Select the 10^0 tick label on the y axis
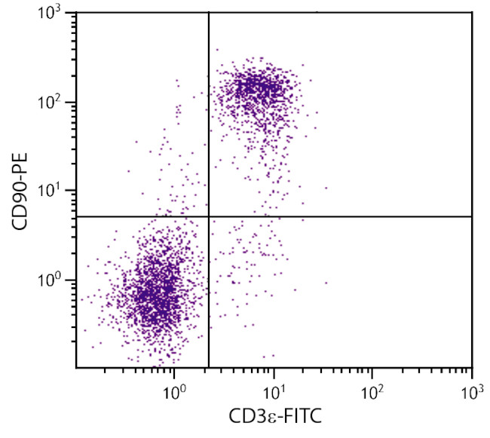pyautogui.click(x=54, y=280)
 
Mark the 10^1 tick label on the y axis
pyautogui.click(x=54, y=191)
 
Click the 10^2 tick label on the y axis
pyautogui.click(x=54, y=103)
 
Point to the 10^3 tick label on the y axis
pyautogui.click(x=54, y=15)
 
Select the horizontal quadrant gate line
pyautogui.click(x=339, y=216)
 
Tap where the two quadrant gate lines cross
pyautogui.click(x=208, y=216)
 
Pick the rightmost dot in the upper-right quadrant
pyautogui.click(x=326, y=188)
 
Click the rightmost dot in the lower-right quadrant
pyautogui.click(x=326, y=283)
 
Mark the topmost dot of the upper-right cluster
pyautogui.click(x=217, y=50)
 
